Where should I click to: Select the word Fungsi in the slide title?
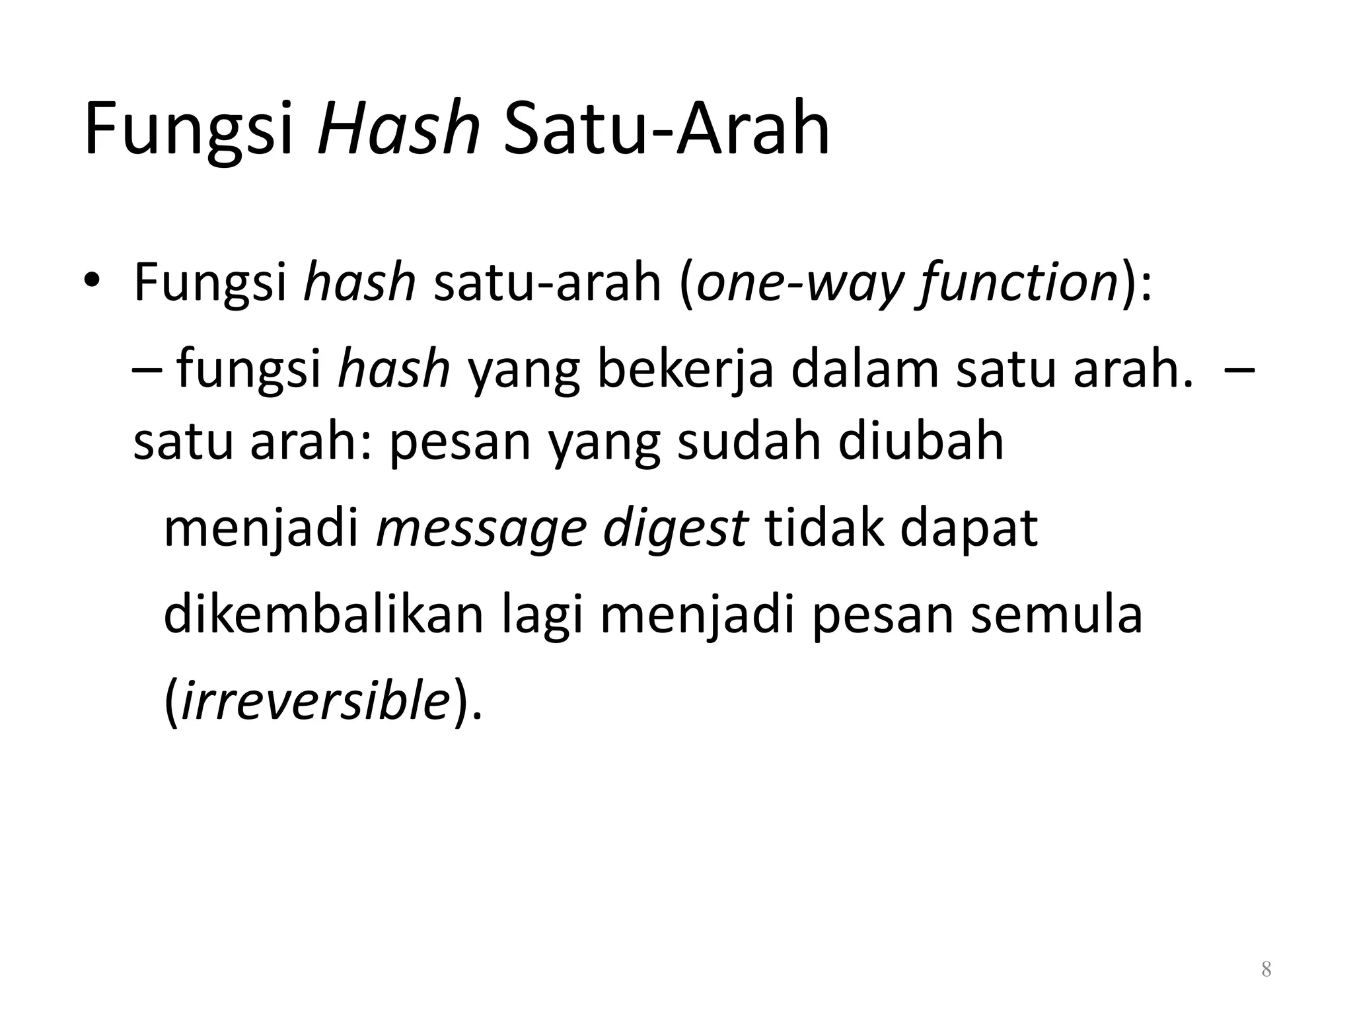click(188, 129)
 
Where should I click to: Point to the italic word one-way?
click(799, 283)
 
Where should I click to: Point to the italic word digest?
click(675, 529)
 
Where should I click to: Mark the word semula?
click(1056, 615)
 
